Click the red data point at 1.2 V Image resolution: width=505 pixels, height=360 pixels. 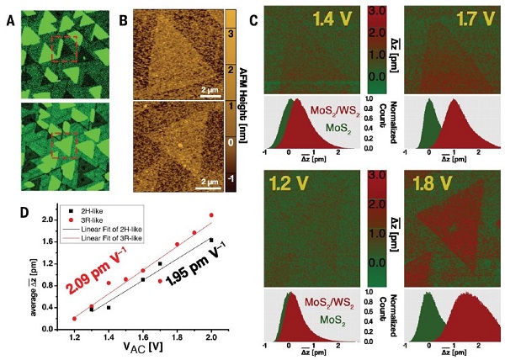click(x=75, y=319)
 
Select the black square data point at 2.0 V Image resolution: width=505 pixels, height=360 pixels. click(x=211, y=241)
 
